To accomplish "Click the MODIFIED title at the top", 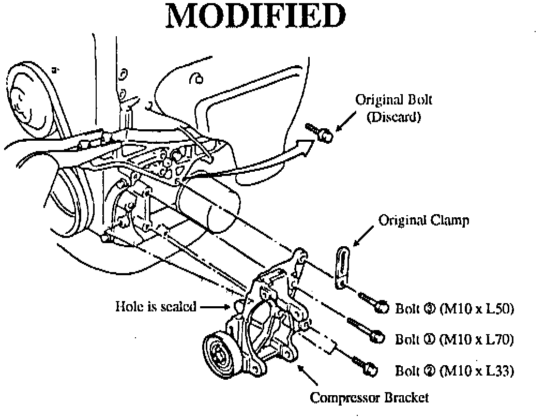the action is [256, 16].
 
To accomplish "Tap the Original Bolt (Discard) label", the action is [393, 108].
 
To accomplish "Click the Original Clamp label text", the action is [424, 220].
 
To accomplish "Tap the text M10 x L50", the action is [477, 309].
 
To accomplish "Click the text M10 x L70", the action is [477, 339].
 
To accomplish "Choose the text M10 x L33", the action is [477, 371].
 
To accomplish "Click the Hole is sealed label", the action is [156, 307].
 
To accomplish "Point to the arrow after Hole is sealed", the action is [215, 307].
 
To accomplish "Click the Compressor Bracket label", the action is [369, 398].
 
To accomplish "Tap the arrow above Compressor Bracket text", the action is [307, 375].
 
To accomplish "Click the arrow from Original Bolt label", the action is [346, 121].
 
